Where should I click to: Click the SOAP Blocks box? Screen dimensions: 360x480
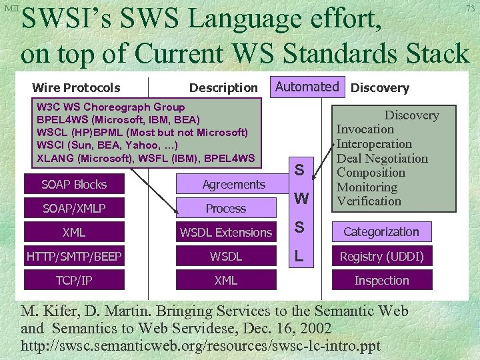[74, 184]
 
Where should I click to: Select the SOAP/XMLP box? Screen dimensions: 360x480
[74, 209]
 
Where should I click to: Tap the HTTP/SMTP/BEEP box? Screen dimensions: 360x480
[74, 256]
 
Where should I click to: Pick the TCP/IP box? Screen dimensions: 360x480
[74, 280]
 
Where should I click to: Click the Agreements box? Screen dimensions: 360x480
[226, 184]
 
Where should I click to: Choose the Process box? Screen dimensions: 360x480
[226, 209]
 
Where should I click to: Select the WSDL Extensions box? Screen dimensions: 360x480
[226, 232]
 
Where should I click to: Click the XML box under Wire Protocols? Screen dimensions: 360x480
[74, 232]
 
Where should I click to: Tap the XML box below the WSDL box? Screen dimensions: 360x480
[226, 280]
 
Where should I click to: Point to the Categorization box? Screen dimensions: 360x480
[381, 232]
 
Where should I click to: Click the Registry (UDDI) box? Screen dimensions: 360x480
[381, 256]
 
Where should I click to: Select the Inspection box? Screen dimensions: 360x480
[381, 280]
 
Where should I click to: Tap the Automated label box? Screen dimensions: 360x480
[307, 87]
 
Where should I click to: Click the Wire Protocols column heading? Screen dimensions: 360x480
[76, 87]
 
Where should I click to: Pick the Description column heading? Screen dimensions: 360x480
[223, 87]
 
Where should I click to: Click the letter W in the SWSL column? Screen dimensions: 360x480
[301, 199]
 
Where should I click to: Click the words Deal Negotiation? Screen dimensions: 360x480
[382, 159]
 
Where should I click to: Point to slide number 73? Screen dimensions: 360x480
[470, 8]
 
